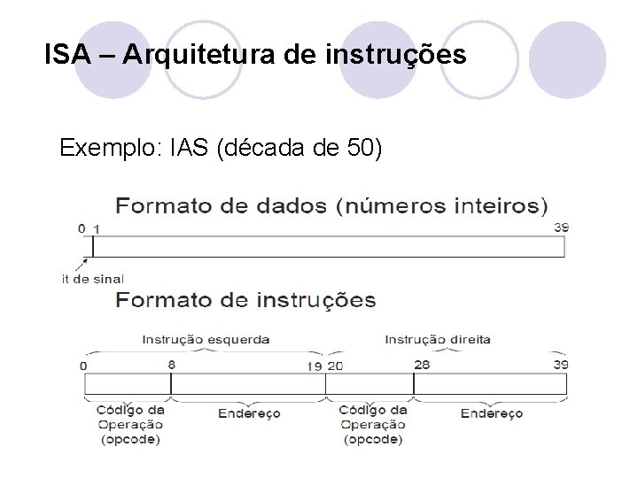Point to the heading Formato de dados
click(x=222, y=205)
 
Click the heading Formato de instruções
click(x=245, y=300)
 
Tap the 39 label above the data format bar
click(x=560, y=227)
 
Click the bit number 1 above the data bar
click(x=97, y=228)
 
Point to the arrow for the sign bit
click(x=85, y=263)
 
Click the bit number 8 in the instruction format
click(x=170, y=363)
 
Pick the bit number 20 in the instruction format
click(x=335, y=365)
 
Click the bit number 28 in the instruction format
click(x=422, y=363)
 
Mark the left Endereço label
click(x=248, y=413)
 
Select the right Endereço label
click(x=493, y=413)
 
